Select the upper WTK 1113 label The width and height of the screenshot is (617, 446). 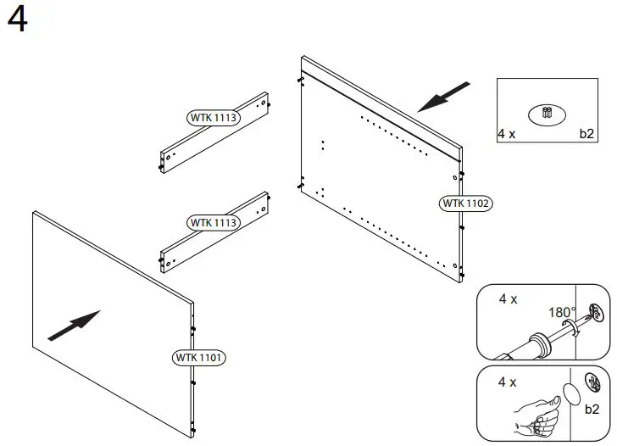(x=213, y=117)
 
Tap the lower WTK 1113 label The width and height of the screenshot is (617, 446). (x=213, y=222)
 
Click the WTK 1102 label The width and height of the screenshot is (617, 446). (x=465, y=203)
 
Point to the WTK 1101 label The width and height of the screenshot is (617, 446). (x=199, y=357)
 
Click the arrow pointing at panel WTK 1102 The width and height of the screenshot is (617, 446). (x=444, y=96)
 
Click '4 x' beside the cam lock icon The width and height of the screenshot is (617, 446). (x=507, y=134)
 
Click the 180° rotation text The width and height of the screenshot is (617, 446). (x=562, y=312)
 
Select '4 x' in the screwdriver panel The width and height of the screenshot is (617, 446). (x=509, y=299)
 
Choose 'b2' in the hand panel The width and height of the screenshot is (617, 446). (x=592, y=409)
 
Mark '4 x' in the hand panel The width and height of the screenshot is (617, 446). (x=508, y=382)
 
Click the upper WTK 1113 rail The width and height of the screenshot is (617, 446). (x=215, y=131)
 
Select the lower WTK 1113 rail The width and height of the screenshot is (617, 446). (x=215, y=232)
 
